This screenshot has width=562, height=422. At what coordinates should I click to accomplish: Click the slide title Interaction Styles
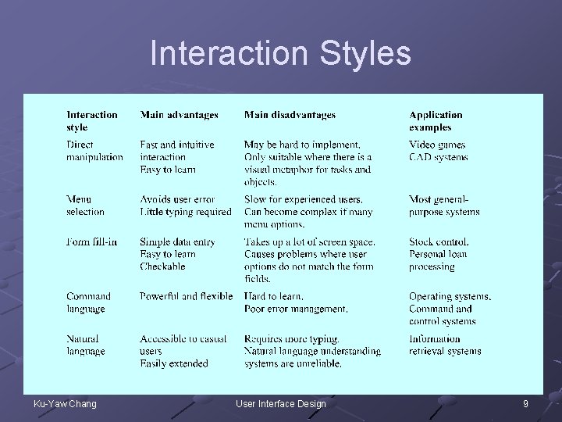click(280, 53)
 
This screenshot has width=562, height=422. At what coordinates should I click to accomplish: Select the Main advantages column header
click(179, 115)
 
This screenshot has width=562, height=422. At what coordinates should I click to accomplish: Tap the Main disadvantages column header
click(290, 115)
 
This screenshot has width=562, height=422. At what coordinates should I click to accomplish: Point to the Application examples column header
click(436, 120)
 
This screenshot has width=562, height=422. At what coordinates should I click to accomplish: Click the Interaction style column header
click(91, 120)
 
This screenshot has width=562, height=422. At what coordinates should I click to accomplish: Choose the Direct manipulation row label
click(94, 150)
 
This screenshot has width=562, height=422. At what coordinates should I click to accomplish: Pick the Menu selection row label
click(85, 206)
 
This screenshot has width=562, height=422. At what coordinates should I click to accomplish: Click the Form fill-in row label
click(91, 241)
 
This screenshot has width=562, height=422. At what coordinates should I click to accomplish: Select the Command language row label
click(88, 302)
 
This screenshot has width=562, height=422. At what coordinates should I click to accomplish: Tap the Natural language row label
click(86, 345)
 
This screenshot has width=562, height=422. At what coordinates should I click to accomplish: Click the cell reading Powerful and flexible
click(186, 296)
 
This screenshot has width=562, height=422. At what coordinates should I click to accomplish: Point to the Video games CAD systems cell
click(438, 150)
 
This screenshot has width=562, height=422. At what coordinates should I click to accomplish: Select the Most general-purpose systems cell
click(443, 206)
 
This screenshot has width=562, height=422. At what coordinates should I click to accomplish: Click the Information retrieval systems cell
click(444, 345)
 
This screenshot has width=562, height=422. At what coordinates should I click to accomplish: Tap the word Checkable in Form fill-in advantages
click(162, 266)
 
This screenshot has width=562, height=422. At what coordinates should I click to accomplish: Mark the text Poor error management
click(296, 309)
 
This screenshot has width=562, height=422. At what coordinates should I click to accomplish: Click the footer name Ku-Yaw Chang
click(65, 403)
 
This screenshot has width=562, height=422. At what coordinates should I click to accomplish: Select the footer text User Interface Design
click(280, 403)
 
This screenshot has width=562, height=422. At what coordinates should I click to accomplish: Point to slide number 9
click(525, 403)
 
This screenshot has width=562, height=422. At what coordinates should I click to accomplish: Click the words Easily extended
click(174, 363)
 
